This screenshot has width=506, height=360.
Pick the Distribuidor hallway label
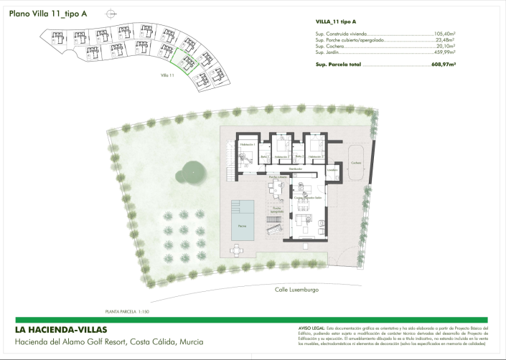point(286,169)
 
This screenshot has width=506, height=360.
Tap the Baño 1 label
point(264,156)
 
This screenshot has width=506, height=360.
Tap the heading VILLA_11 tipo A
point(336,22)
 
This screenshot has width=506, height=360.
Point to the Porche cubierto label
point(278,176)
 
